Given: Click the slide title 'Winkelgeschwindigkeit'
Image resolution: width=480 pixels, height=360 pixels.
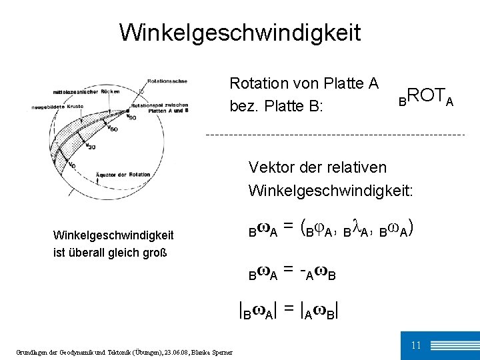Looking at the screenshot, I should point(240,31).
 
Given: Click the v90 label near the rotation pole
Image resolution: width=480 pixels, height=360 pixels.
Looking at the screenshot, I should point(132,117).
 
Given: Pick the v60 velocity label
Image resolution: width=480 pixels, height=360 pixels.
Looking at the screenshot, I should point(113,128).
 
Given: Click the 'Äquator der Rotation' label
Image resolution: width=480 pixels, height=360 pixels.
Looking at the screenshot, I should point(117,175).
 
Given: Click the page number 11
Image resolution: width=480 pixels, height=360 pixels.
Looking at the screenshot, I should point(415,345).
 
